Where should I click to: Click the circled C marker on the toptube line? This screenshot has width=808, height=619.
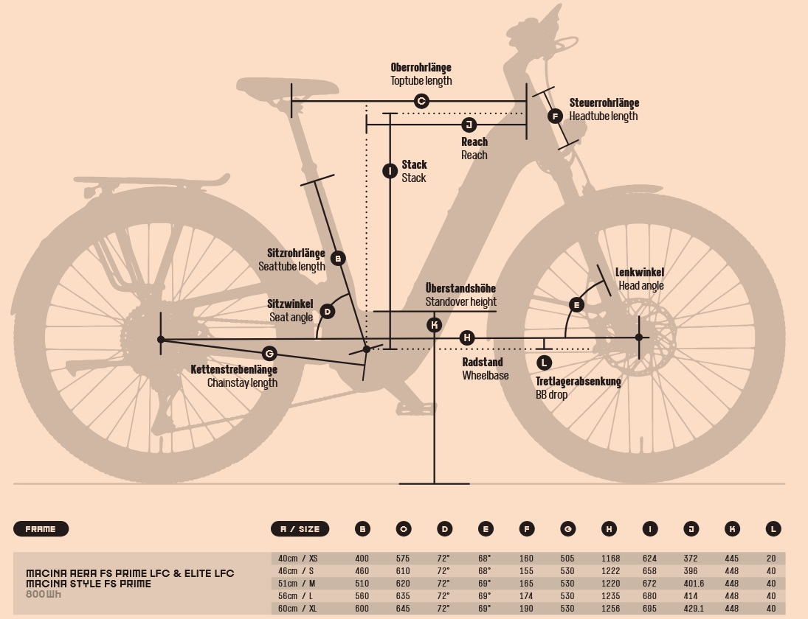pos(421,101)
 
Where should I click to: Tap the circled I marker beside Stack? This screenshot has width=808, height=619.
pos(390,172)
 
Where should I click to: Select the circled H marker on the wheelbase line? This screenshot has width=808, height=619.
pos(466,338)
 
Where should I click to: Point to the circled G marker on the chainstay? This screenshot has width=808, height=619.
pos(269,354)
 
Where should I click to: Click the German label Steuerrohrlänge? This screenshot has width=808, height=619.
pos(604,103)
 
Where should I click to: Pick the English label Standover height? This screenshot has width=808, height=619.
pos(460,301)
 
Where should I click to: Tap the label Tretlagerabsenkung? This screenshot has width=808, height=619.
pos(578,382)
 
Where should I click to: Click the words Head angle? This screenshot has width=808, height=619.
pos(640,286)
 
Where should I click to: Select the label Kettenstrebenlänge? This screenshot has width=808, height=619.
pos(234,369)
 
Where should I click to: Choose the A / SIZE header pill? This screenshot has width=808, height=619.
pos(300,529)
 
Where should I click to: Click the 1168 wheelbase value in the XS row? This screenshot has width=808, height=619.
pos(610,559)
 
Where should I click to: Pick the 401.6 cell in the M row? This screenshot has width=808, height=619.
pos(691,583)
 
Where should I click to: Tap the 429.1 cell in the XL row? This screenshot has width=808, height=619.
pos(691,608)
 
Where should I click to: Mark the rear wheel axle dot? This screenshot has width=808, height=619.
pos(161,339)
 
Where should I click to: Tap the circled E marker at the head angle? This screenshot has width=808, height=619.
pos(576,305)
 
